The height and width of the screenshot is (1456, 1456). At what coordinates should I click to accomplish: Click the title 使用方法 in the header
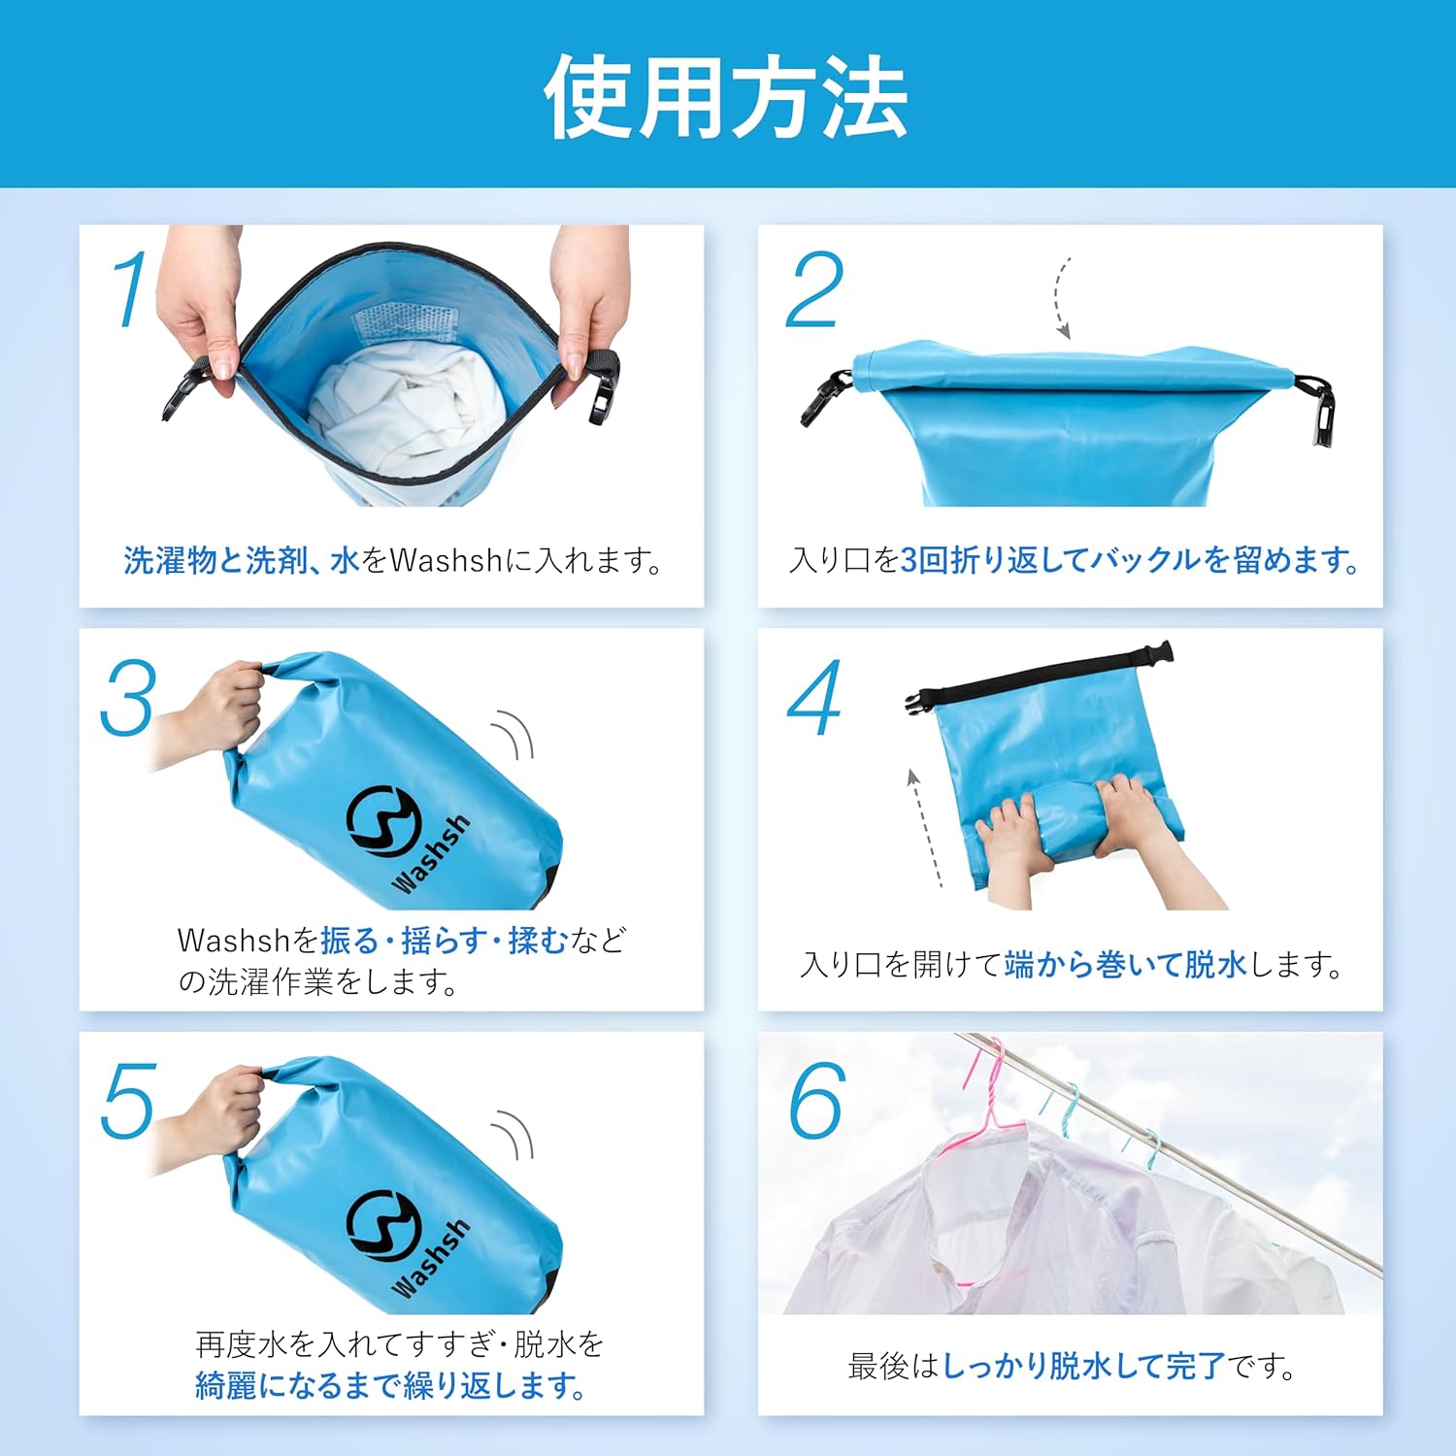(726, 96)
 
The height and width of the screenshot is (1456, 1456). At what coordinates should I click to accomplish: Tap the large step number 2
(813, 289)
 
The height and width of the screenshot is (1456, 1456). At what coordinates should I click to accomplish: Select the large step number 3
(128, 698)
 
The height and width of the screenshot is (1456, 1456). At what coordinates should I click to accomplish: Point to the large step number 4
(813, 698)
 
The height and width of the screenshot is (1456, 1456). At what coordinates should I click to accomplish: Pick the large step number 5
(128, 1101)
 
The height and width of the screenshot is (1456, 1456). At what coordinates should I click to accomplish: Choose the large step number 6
(816, 1101)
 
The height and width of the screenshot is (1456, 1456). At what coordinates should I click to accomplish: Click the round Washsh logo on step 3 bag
(382, 821)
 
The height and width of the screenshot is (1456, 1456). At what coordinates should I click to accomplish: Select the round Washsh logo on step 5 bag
(382, 1226)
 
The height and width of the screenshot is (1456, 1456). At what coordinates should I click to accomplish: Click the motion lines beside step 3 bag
(514, 735)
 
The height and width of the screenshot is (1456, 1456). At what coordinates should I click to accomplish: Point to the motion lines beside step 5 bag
(514, 1136)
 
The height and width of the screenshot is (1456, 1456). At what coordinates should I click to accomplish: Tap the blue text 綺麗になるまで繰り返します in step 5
(390, 1385)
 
